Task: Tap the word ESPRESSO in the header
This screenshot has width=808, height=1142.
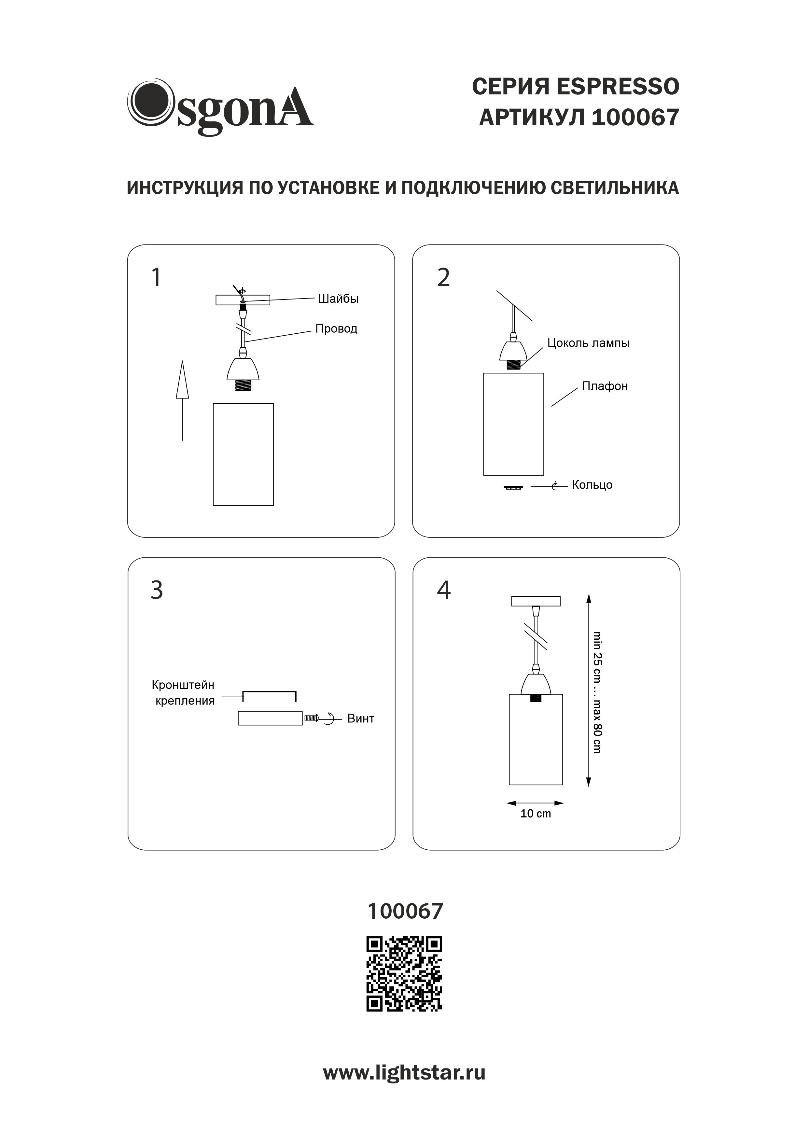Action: click(x=618, y=87)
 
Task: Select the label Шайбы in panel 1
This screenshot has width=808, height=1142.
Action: click(x=338, y=299)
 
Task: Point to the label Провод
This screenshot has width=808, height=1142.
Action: click(x=336, y=329)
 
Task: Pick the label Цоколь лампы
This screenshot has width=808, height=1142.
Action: click(x=588, y=343)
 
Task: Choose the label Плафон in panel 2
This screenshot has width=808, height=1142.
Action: click(x=605, y=386)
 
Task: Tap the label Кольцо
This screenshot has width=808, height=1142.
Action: click(x=592, y=485)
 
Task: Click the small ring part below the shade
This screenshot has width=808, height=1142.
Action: click(x=513, y=487)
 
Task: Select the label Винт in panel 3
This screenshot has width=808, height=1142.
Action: click(x=361, y=719)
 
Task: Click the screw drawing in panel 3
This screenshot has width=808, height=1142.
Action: click(x=312, y=718)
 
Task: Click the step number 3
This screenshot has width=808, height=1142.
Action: click(x=157, y=591)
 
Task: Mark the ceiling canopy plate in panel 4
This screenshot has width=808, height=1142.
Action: click(x=536, y=601)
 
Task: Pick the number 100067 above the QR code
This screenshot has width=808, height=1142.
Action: click(x=405, y=911)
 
